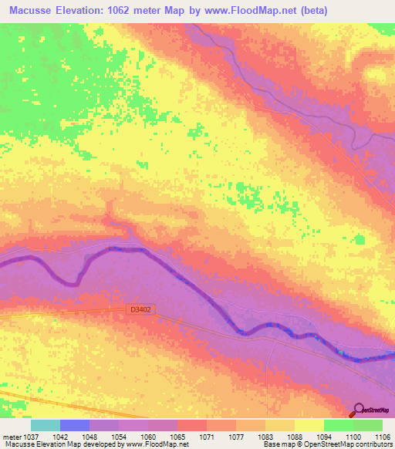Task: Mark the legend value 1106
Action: (382, 437)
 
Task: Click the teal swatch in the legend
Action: (46, 425)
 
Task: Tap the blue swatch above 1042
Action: (75, 425)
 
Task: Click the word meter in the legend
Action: (12, 437)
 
